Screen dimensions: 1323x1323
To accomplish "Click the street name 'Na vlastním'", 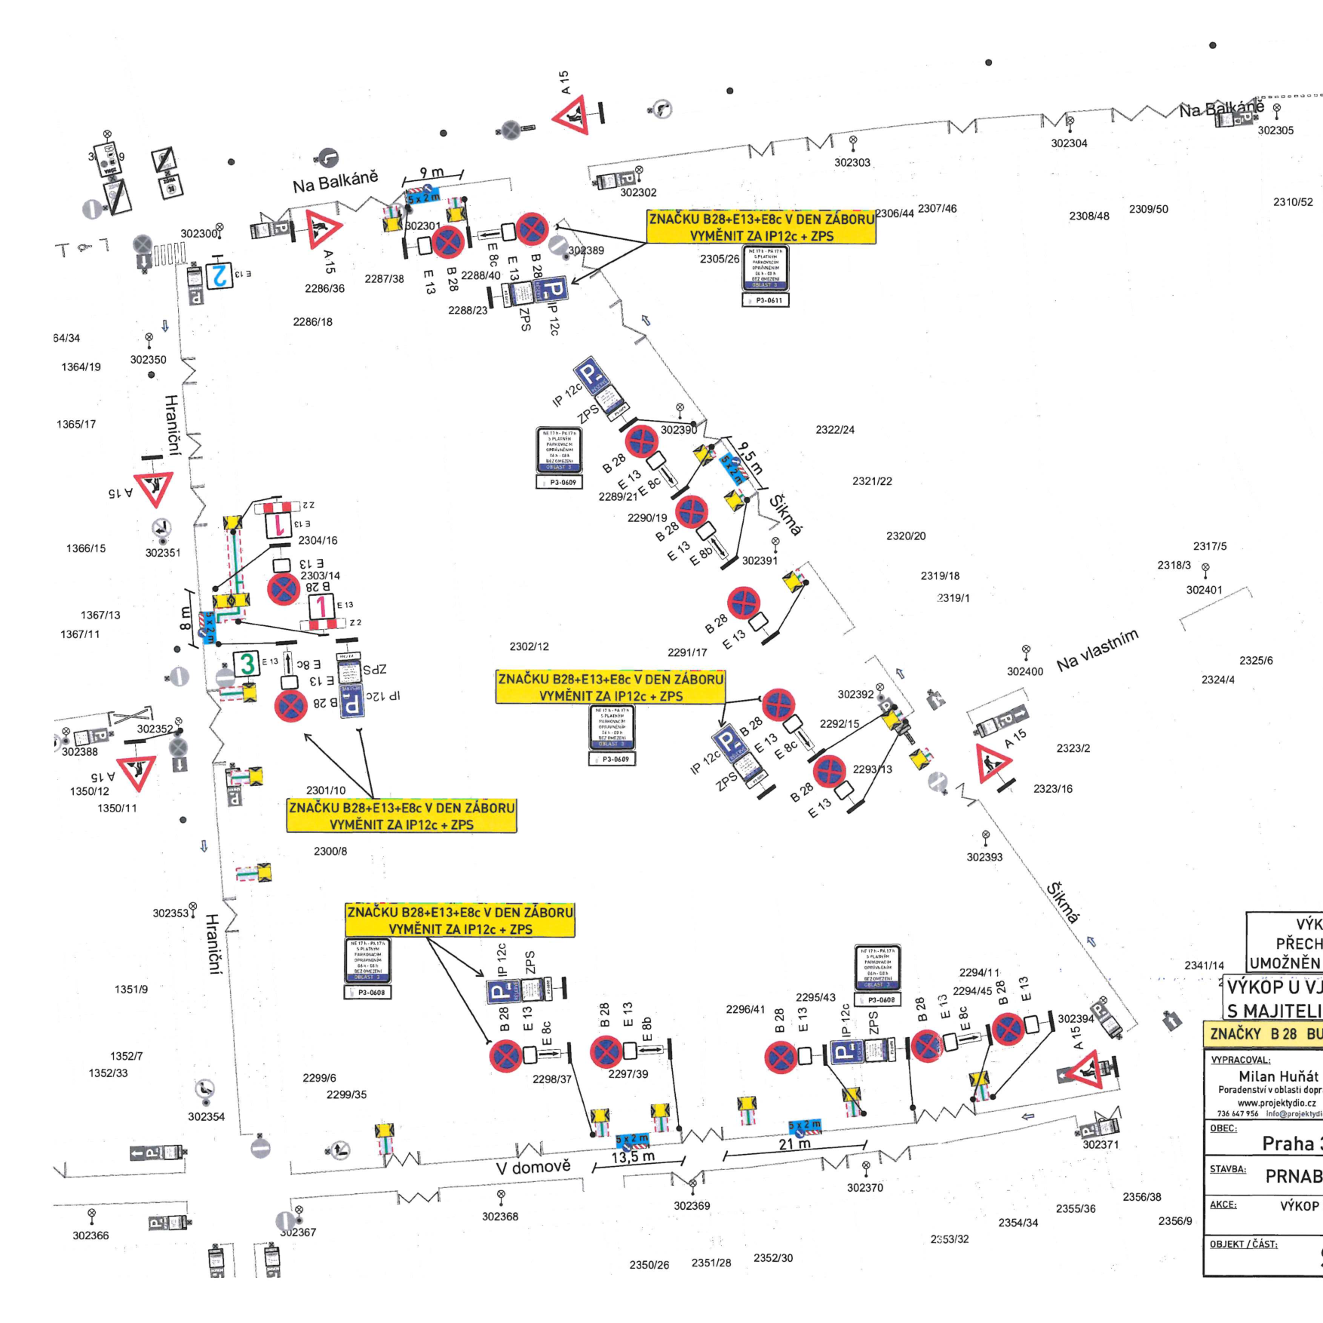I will point(1097,650).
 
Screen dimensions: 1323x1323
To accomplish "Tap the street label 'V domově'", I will point(533,1168).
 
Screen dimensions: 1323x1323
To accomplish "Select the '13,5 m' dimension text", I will point(633,1157).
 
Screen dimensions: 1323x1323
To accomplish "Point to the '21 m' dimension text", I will point(794,1143).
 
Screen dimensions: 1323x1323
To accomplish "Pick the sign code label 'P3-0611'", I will point(766,300).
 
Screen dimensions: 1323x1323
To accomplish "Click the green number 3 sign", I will point(247,664).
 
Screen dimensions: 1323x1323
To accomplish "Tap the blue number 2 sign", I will point(219,275).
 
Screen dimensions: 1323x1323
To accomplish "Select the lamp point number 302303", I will point(852,162).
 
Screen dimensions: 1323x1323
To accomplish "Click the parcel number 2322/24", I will point(835,430).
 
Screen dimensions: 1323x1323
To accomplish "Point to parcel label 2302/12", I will point(529,646).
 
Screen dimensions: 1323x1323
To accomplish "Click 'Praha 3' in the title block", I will point(1291,1143).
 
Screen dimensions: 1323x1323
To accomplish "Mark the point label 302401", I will point(1204,590).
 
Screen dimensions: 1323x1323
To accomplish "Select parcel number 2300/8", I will point(330,851).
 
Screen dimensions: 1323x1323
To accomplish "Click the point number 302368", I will point(500,1216).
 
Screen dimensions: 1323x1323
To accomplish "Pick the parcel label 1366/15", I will point(86,548).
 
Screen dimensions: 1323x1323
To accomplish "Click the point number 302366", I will point(91,1236).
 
